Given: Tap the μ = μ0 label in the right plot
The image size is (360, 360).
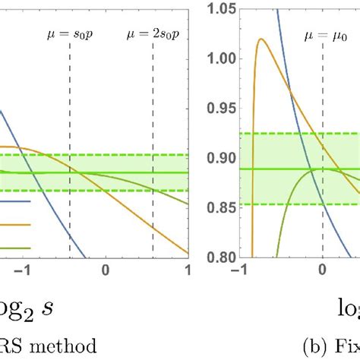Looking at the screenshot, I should coord(323,33).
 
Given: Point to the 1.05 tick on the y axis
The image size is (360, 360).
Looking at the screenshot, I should coord(220,10).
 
